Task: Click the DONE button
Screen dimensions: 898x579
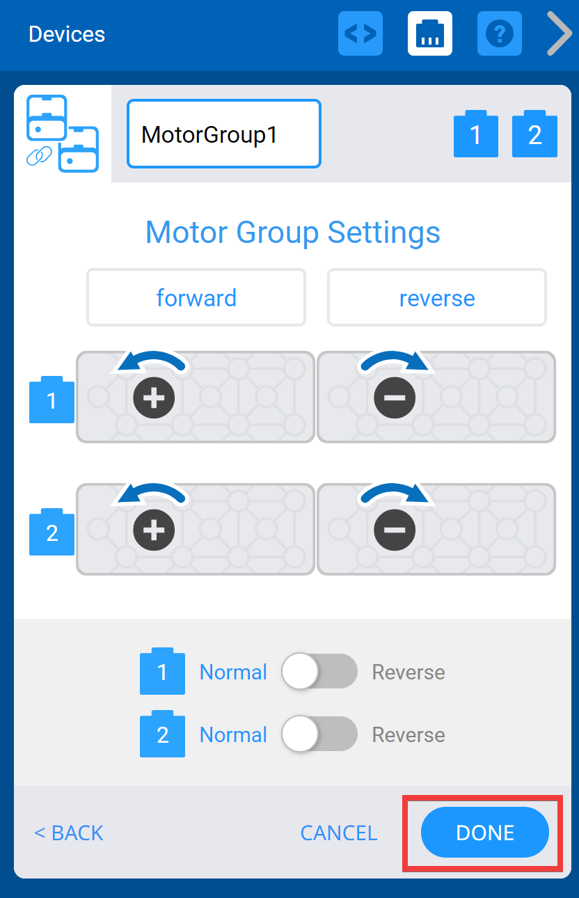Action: click(x=485, y=833)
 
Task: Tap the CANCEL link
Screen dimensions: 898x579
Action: click(x=338, y=833)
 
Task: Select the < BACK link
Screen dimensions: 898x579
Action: click(x=69, y=833)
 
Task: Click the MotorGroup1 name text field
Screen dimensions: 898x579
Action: click(x=223, y=134)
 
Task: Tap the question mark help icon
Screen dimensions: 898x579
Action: click(x=499, y=33)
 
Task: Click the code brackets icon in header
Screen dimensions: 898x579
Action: click(x=360, y=33)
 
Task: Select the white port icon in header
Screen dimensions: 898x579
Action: click(x=429, y=33)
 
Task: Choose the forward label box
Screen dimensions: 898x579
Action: click(x=196, y=298)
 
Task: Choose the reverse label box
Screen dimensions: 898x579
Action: click(x=437, y=298)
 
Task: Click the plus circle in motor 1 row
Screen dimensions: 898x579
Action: click(x=154, y=397)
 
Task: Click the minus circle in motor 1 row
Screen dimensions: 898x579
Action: click(x=395, y=397)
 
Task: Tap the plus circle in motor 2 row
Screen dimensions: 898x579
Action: click(x=154, y=530)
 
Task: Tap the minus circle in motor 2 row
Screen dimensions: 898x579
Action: click(x=395, y=530)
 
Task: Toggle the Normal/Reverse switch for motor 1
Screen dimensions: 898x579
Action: click(x=319, y=672)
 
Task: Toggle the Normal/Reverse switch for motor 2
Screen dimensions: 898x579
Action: click(x=319, y=734)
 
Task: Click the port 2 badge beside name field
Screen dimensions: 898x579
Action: click(x=534, y=134)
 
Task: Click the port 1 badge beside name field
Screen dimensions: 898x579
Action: click(x=476, y=134)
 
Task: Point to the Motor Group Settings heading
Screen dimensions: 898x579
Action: click(x=292, y=232)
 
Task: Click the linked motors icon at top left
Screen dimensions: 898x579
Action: click(x=62, y=134)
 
